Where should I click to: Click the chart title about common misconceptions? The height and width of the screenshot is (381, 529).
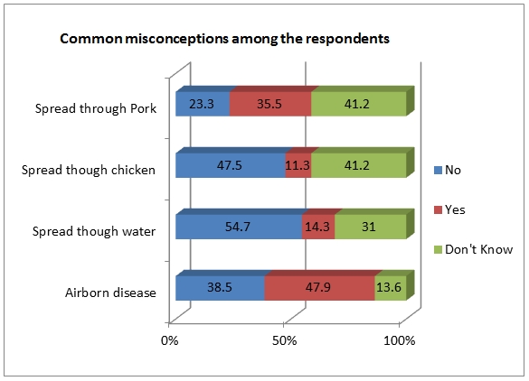click(x=224, y=39)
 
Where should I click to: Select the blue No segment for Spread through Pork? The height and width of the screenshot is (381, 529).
click(x=203, y=104)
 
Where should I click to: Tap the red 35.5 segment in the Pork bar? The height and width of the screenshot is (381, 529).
click(x=270, y=104)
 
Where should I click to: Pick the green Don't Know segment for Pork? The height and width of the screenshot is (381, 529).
click(x=358, y=104)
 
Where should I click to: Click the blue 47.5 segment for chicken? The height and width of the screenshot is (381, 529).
click(x=231, y=165)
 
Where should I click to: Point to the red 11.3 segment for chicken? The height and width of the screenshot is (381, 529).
click(x=298, y=165)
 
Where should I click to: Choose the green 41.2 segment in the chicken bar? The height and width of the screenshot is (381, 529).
click(x=358, y=165)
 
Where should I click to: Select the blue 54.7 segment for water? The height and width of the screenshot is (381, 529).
click(x=239, y=227)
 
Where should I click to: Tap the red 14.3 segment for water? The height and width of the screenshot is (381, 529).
click(x=318, y=227)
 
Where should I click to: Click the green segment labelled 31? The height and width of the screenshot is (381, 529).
click(x=370, y=227)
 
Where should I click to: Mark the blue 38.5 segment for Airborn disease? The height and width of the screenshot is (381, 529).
click(x=220, y=288)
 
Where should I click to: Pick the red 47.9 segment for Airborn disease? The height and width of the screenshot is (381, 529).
click(x=319, y=288)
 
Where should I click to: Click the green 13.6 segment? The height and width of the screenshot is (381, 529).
click(x=391, y=288)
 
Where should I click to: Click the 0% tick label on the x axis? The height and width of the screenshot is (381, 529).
click(x=169, y=340)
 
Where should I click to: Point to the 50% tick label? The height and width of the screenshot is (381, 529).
click(x=285, y=340)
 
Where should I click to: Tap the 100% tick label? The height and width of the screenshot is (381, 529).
click(x=400, y=340)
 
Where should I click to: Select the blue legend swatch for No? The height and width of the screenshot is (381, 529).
click(x=438, y=170)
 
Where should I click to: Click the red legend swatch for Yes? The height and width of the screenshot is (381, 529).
click(x=438, y=209)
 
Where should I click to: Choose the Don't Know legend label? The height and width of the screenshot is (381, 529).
click(x=478, y=249)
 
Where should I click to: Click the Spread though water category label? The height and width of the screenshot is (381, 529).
click(x=94, y=231)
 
